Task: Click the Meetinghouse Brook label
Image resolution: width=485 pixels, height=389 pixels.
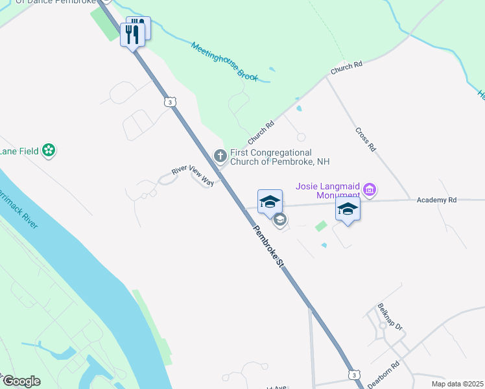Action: (225, 62)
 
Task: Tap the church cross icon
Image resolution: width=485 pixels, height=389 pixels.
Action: (220, 155)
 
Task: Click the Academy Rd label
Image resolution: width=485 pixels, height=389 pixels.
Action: (436, 200)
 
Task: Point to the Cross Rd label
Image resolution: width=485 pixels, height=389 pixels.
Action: (366, 139)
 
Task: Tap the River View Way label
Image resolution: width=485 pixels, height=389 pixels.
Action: (193, 175)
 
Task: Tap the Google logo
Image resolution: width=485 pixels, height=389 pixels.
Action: (21, 381)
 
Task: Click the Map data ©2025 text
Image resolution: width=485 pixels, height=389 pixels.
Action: (457, 384)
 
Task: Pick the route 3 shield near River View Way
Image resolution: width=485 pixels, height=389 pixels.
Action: (170, 102)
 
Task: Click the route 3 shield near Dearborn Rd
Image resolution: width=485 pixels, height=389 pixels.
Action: (353, 375)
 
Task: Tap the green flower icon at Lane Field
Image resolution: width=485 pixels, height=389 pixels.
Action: (48, 150)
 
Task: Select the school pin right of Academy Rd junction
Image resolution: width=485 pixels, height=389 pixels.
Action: (348, 209)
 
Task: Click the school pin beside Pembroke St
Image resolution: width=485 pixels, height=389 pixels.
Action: (270, 201)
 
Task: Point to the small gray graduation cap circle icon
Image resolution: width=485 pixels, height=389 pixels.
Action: (279, 219)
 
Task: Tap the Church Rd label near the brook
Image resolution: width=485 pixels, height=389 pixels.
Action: (346, 67)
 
